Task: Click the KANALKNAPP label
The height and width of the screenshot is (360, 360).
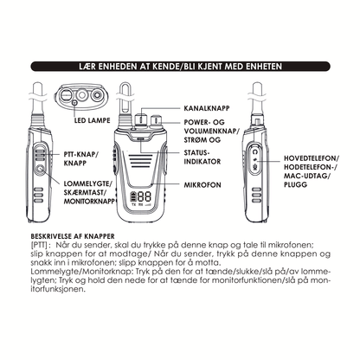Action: click(207, 108)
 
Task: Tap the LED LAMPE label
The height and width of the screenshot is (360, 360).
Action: click(93, 120)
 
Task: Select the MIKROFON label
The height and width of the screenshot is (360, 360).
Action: click(202, 184)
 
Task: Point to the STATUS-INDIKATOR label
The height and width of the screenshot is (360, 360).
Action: click(202, 157)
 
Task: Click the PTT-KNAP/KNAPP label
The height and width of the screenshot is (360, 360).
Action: click(81, 158)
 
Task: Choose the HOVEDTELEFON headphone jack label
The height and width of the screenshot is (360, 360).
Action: click(312, 171)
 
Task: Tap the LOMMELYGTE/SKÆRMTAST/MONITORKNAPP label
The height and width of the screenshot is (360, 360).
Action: click(89, 192)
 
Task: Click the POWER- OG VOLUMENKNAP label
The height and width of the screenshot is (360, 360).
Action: click(212, 131)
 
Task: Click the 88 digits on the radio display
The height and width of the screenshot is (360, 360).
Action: click(145, 196)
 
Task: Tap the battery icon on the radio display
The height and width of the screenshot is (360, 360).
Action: click(133, 196)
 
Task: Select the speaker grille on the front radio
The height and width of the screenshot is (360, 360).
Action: click(140, 162)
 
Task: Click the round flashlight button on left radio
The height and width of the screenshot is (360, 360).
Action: click(41, 169)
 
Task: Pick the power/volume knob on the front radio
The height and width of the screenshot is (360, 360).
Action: click(157, 121)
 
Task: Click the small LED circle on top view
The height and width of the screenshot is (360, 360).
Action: click(75, 102)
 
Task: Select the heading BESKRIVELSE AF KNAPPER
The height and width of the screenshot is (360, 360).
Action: click(73, 236)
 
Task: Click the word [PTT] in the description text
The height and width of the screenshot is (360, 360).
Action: click(38, 245)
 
